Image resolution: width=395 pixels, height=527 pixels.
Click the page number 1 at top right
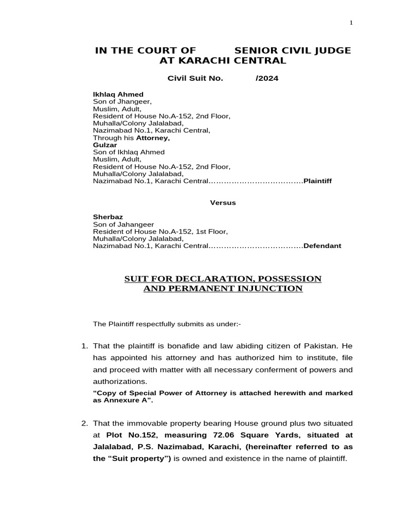(x=351, y=23)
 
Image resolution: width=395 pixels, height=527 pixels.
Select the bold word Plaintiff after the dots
(x=317, y=181)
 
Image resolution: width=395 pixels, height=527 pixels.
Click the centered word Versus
(x=223, y=203)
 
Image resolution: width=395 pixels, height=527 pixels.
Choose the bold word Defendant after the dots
(x=322, y=246)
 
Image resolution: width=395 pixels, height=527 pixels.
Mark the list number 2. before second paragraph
(x=85, y=423)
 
